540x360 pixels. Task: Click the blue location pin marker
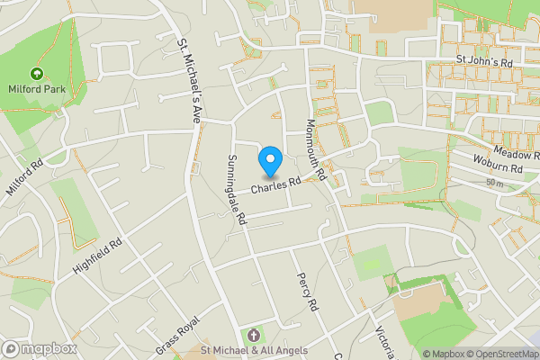click(270, 161)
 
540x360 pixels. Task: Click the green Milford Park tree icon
click(37, 74)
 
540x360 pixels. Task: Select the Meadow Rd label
click(515, 154)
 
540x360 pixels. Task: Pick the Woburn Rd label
click(499, 168)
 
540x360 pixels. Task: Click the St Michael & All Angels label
click(253, 350)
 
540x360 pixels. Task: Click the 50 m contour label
click(493, 183)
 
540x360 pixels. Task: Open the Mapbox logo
click(38, 348)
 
